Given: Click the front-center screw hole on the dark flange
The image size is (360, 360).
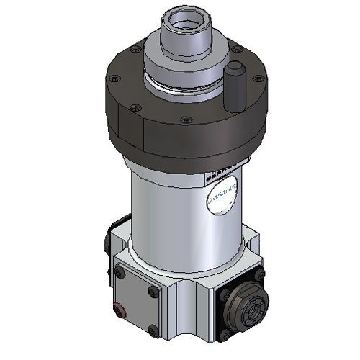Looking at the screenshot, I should (186, 120).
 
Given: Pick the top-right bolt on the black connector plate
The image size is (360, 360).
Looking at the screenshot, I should (259, 276).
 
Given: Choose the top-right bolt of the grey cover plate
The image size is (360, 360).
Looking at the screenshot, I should (151, 292).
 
